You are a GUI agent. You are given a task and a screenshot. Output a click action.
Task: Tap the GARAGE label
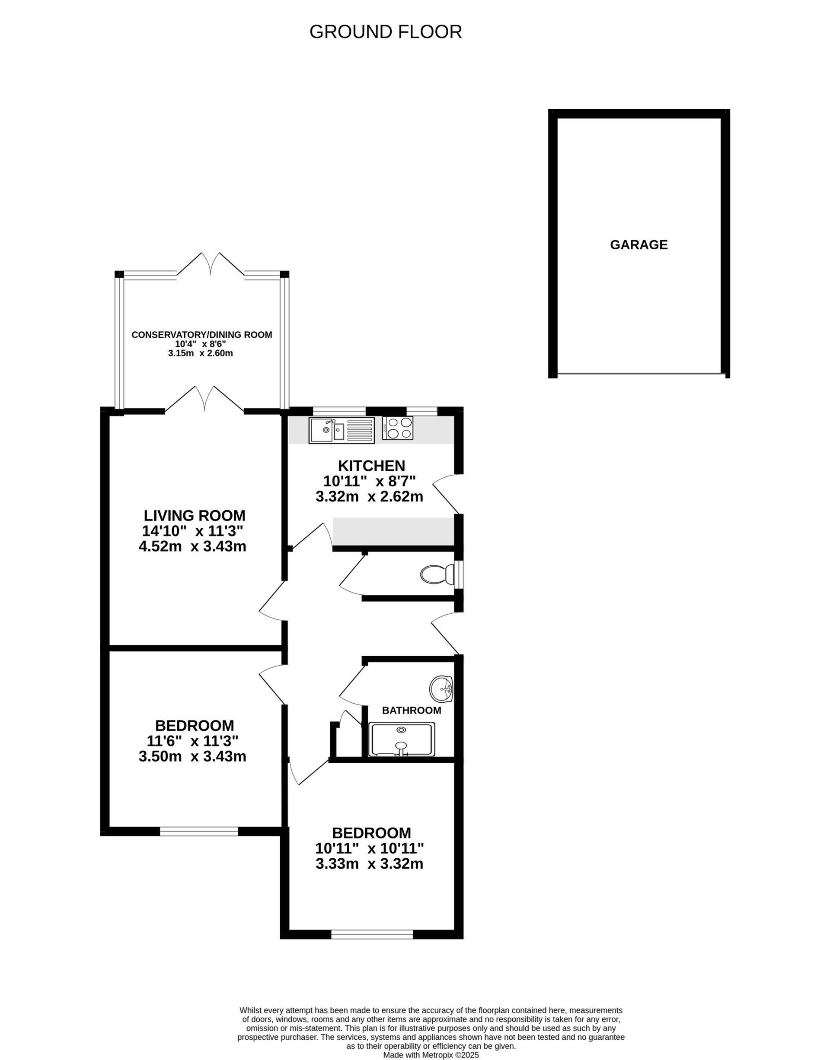point(638,245)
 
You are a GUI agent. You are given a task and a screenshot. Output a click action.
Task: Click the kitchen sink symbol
point(341,430)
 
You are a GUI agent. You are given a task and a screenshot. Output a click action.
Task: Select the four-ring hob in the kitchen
point(398,428)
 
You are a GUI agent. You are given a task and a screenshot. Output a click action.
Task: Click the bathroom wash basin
point(441,689)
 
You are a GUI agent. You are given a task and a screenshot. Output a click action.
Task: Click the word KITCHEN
point(371,466)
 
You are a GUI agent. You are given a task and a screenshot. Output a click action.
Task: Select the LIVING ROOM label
point(195,515)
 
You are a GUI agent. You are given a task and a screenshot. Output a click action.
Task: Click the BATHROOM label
point(412,711)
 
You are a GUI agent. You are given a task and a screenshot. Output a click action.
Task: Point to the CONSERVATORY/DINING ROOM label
point(202,335)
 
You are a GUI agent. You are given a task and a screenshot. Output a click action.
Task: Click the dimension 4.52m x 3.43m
point(192,546)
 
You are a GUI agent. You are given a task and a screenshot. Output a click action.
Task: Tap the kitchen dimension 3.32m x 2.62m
point(369,497)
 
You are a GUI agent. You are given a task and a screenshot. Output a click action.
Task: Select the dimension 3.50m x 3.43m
point(192,756)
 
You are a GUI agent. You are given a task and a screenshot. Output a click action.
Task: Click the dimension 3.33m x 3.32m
point(369,864)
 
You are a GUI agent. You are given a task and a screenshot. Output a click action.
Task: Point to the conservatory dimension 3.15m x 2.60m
point(201,353)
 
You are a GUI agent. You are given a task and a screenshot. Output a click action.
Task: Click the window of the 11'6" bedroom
point(199,832)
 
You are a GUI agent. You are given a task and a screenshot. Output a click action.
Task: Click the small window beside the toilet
point(458,575)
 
